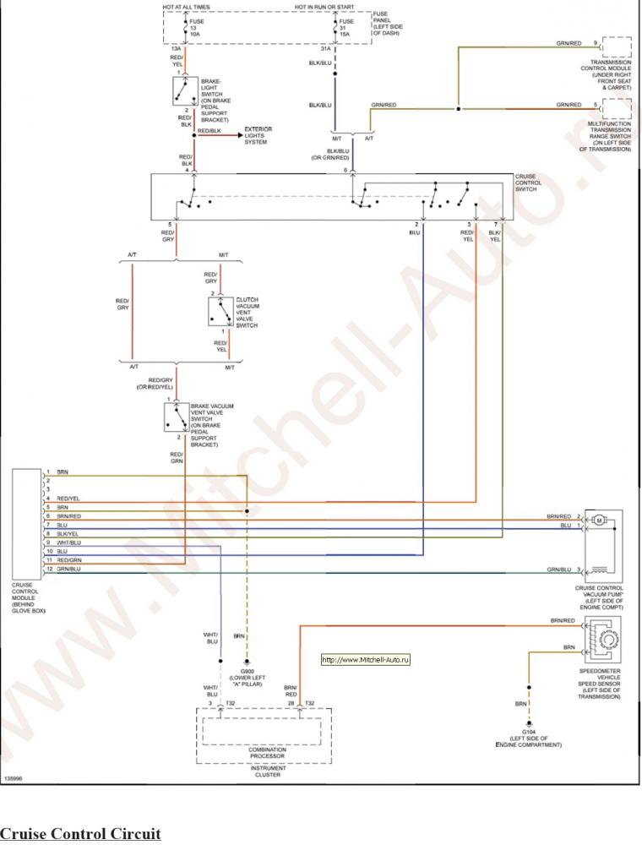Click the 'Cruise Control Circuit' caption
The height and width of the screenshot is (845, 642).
(x=80, y=834)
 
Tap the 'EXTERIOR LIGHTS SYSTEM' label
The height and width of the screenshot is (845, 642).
(x=256, y=136)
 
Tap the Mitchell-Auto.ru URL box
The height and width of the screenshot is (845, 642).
(x=366, y=660)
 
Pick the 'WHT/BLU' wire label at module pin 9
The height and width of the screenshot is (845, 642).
(x=68, y=542)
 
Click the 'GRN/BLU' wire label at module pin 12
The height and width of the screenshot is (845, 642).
(x=68, y=569)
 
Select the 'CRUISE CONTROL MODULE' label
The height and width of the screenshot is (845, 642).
(x=29, y=597)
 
